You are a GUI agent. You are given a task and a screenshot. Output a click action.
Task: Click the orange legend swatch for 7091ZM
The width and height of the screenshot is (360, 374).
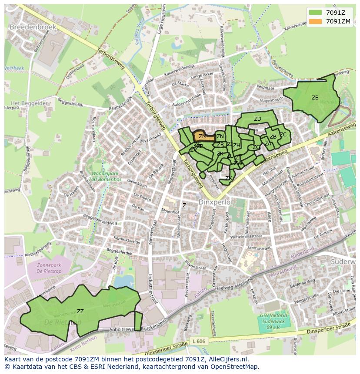[x=316, y=21]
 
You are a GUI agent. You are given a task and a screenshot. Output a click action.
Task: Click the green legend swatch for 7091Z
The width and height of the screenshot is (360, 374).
[x=316, y=13]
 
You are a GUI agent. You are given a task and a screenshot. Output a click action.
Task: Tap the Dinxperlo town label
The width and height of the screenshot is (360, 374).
[x=213, y=202]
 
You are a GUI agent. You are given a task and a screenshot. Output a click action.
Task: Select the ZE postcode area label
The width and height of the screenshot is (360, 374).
[x=315, y=98]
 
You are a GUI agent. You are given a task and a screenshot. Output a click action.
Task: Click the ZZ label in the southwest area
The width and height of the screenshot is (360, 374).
[x=80, y=311]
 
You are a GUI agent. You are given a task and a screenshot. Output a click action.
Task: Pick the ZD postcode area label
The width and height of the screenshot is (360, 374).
[x=257, y=119]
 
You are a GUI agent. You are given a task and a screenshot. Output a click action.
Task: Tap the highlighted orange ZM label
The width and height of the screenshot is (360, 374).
[x=203, y=136]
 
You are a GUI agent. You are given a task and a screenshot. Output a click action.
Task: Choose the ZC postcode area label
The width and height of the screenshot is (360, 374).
[x=283, y=135]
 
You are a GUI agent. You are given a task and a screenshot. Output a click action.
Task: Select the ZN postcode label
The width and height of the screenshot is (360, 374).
[x=220, y=136]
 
